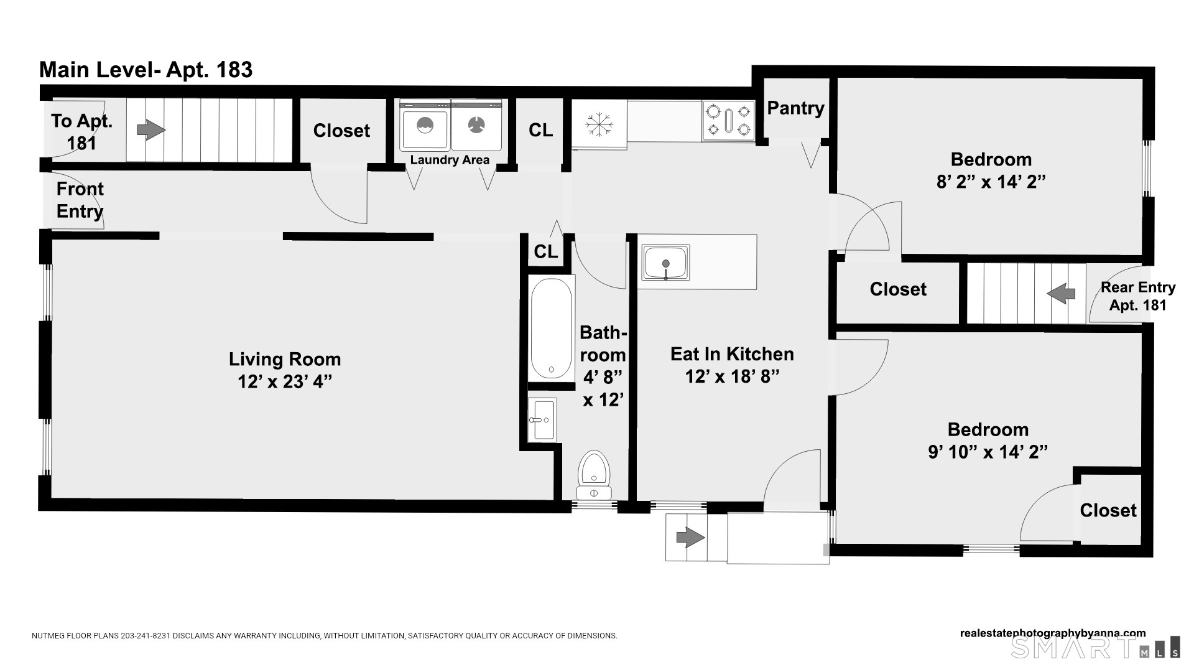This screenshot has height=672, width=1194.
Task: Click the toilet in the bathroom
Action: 594,476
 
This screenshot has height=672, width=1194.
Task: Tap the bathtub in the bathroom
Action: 552,329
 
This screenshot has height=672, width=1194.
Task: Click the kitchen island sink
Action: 665,263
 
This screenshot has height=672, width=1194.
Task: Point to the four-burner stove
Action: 728,120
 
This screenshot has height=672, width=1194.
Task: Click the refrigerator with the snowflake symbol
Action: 599,124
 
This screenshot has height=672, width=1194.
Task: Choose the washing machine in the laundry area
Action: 424,126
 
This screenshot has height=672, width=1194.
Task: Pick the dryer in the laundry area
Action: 476,126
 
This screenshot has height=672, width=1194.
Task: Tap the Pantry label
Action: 795,108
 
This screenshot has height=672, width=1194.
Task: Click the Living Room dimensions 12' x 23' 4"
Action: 285,381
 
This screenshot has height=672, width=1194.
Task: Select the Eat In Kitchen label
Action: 732,354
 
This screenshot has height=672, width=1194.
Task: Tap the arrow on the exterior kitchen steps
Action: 690,536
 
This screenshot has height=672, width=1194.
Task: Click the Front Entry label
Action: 80,200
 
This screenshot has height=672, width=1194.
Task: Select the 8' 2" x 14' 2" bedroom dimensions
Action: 991,182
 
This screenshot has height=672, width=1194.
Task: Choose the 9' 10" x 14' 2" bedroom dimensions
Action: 988,452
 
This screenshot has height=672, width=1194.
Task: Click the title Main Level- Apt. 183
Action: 146,70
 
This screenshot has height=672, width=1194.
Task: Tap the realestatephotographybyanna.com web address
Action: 1053,633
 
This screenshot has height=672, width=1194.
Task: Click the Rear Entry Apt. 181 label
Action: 1138,296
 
